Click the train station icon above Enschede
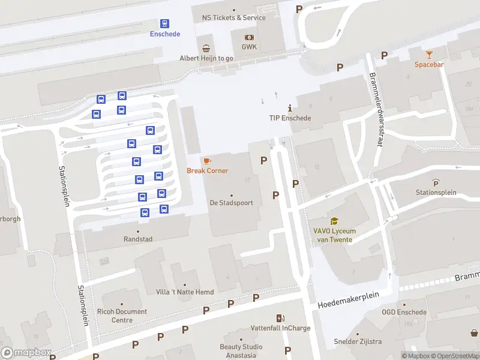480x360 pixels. point(164,23)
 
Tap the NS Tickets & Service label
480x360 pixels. point(233,18)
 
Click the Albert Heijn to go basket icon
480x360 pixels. point(206,48)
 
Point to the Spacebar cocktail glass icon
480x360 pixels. point(429,55)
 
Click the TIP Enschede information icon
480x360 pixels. point(290,108)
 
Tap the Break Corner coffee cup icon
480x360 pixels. point(207,161)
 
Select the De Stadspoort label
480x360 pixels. point(231,203)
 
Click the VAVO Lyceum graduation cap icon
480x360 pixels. point(334,221)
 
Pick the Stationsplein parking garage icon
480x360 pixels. point(436,182)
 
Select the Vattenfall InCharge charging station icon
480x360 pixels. point(280,318)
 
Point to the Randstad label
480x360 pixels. point(138,239)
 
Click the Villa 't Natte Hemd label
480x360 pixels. point(184,292)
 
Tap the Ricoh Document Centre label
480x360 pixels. point(121,316)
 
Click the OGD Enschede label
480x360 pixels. point(404,312)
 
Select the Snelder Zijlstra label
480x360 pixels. point(358,342)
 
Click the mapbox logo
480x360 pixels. point(25,353)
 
